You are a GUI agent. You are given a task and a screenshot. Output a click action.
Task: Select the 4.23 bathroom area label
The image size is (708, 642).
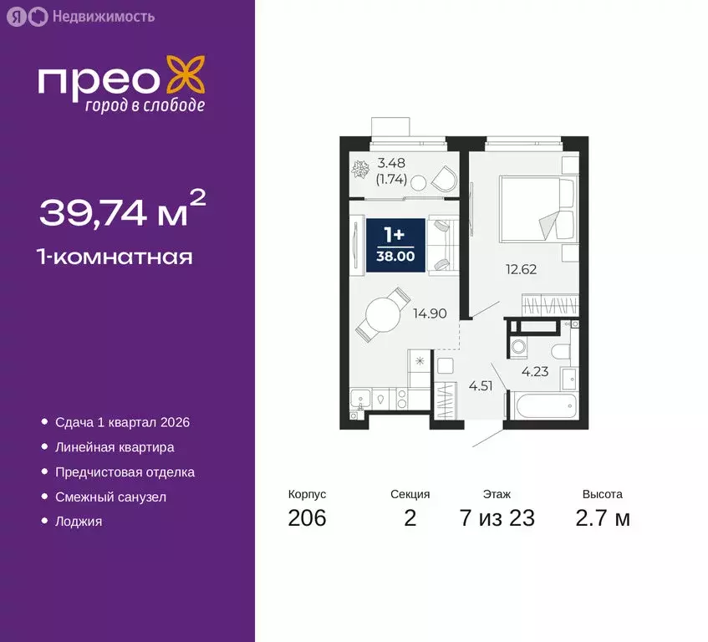click(x=535, y=372)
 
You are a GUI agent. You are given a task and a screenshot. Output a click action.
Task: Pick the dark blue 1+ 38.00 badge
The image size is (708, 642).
click(x=396, y=243)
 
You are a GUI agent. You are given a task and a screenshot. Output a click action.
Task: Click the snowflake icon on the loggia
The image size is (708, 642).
click(x=361, y=170)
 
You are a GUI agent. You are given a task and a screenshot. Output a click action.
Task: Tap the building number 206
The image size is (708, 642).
click(x=307, y=518)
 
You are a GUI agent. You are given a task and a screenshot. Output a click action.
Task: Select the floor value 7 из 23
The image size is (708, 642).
click(x=497, y=518)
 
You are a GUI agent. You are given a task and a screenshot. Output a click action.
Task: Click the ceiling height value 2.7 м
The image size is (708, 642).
click(x=602, y=518)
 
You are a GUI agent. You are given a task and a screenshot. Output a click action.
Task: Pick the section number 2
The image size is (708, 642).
click(x=410, y=518)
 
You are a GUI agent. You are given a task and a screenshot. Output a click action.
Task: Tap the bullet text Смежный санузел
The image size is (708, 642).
click(x=111, y=497)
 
